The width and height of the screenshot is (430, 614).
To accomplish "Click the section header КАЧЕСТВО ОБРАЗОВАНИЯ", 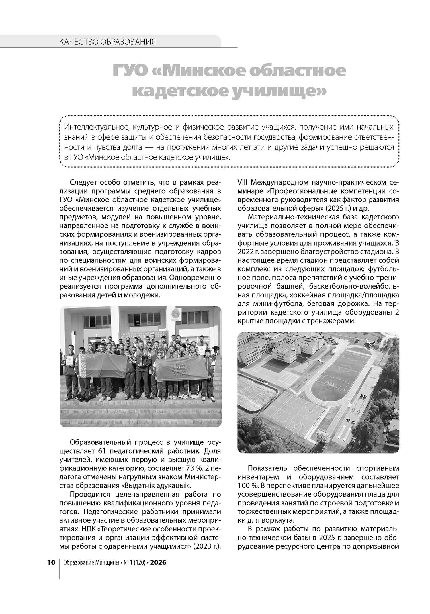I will pyautogui.click(x=107, y=42).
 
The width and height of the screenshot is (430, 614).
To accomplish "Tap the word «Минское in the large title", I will pyautogui.click(x=201, y=71).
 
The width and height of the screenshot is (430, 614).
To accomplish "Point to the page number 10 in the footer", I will pyautogui.click(x=51, y=562).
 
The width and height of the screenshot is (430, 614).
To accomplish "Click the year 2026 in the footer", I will pyautogui.click(x=158, y=562).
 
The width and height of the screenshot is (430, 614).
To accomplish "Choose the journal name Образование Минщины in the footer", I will pyautogui.click(x=91, y=562).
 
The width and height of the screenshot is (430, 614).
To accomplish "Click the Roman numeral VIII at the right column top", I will pyautogui.click(x=243, y=182).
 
